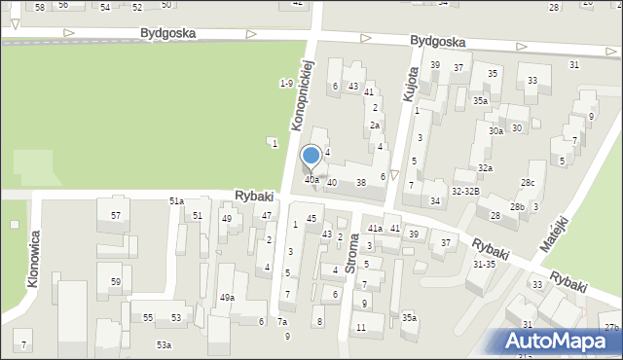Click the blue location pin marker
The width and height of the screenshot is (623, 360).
click(x=311, y=157)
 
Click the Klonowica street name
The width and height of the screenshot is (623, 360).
click(x=35, y=254)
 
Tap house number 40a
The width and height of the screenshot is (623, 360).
click(x=311, y=180)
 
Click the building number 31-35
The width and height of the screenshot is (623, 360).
click(x=484, y=264)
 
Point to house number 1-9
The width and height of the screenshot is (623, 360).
click(x=286, y=84)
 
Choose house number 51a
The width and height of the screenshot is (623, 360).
click(x=176, y=200)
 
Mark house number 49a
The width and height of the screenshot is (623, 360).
click(x=227, y=298)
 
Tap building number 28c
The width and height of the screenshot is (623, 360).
click(x=527, y=183)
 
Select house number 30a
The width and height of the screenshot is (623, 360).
click(x=496, y=131)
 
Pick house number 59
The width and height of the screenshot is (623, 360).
click(x=116, y=282)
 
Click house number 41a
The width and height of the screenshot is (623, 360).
click(x=375, y=228)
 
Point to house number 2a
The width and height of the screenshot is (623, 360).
click(x=374, y=126)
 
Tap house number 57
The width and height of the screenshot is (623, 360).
click(x=116, y=215)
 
